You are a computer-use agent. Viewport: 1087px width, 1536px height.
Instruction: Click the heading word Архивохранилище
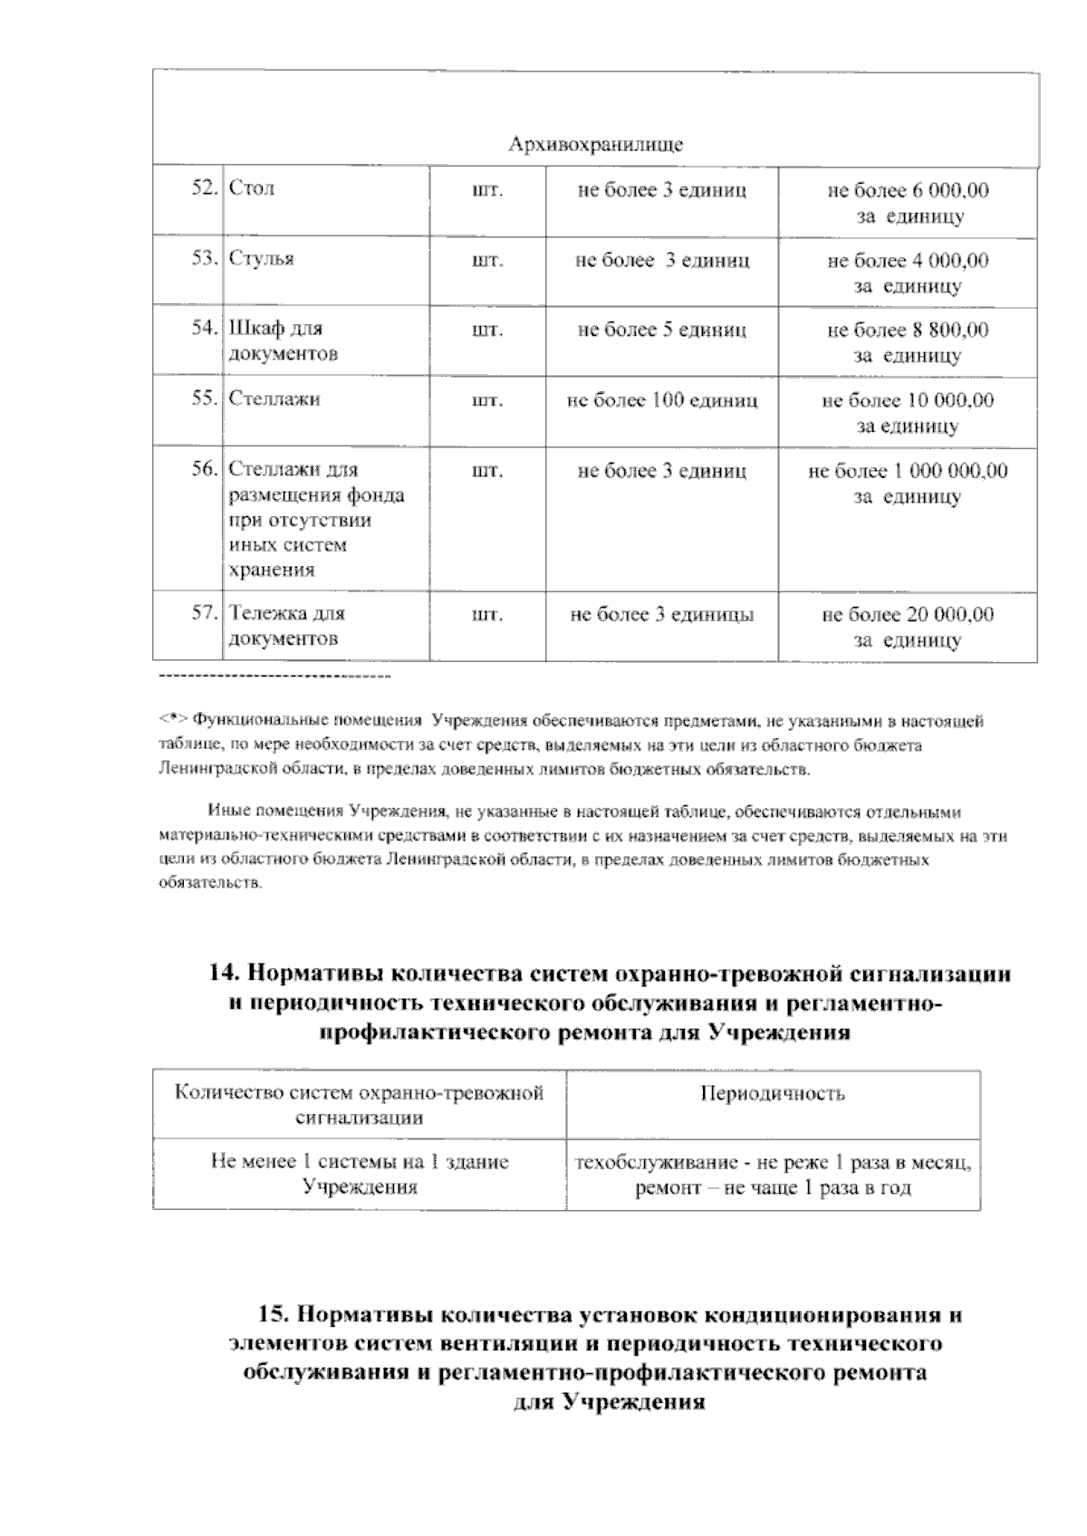coord(595,145)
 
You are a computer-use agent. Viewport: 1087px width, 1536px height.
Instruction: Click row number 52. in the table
coord(206,188)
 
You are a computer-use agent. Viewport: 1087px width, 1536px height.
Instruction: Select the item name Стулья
coord(261,259)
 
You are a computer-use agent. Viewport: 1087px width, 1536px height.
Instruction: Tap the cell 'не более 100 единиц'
coord(661,400)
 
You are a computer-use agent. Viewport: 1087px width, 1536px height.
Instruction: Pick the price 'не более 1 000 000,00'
coord(908,471)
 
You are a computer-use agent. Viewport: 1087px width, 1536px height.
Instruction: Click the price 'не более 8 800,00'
coord(908,330)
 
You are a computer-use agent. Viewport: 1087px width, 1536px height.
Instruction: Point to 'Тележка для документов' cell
coord(285,626)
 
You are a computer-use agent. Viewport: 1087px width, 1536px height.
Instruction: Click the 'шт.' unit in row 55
coord(487,400)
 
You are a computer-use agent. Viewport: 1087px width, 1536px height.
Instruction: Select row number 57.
coord(205,612)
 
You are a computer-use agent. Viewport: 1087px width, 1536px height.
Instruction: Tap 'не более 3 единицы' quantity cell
coord(661,615)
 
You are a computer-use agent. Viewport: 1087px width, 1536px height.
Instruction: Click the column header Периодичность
coord(773,1093)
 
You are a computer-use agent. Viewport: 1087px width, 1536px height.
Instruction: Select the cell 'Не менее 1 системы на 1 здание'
coord(360,1161)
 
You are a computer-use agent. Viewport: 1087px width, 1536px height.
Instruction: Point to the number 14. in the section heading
coord(224,974)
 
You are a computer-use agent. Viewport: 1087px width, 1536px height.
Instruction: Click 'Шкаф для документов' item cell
coord(283,341)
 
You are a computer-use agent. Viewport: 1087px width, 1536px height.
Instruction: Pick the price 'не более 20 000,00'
coord(908,615)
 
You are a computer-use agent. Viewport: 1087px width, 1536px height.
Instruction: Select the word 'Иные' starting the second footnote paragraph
coord(225,811)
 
